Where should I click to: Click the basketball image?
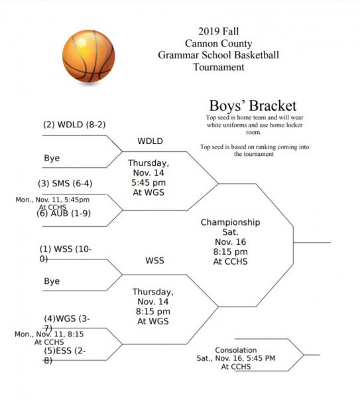[89, 56]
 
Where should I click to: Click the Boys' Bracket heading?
[253, 106]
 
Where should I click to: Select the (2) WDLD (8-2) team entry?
[74, 125]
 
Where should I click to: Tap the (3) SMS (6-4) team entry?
[65, 183]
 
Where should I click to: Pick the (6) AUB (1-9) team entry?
[64, 213]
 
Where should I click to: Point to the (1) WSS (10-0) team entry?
[66, 253]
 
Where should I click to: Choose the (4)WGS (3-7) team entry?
[67, 323]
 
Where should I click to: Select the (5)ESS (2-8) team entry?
[65, 355]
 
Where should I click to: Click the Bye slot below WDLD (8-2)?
[52, 158]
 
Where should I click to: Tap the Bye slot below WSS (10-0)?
[52, 281]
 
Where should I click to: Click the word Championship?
[230, 222]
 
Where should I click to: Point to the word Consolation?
[236, 350]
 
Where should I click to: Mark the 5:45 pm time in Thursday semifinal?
[149, 182]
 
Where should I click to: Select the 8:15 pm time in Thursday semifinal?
[153, 312]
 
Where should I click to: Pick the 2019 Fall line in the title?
[218, 31]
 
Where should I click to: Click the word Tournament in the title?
[218, 67]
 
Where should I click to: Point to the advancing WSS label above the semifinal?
[154, 261]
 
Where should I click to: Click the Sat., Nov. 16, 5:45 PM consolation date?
[236, 358]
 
